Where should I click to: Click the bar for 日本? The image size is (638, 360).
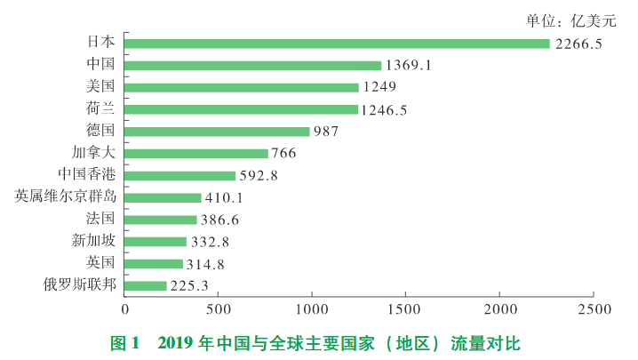click(x=338, y=44)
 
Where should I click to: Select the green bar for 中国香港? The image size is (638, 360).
click(x=180, y=176)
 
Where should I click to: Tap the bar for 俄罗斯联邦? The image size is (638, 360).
click(x=146, y=285)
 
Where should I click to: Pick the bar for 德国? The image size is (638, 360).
click(x=218, y=132)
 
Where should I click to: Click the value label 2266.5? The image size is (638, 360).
click(x=578, y=44)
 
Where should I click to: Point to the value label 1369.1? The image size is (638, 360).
click(x=410, y=66)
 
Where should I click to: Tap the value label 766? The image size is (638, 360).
click(x=284, y=154)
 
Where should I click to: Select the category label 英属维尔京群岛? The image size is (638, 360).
click(x=66, y=196)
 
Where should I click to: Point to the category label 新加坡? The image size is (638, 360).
click(x=92, y=241)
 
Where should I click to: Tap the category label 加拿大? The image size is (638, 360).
click(x=92, y=153)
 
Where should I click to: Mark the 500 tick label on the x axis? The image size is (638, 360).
click(x=219, y=309)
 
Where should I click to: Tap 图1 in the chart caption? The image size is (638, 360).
click(x=124, y=342)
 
